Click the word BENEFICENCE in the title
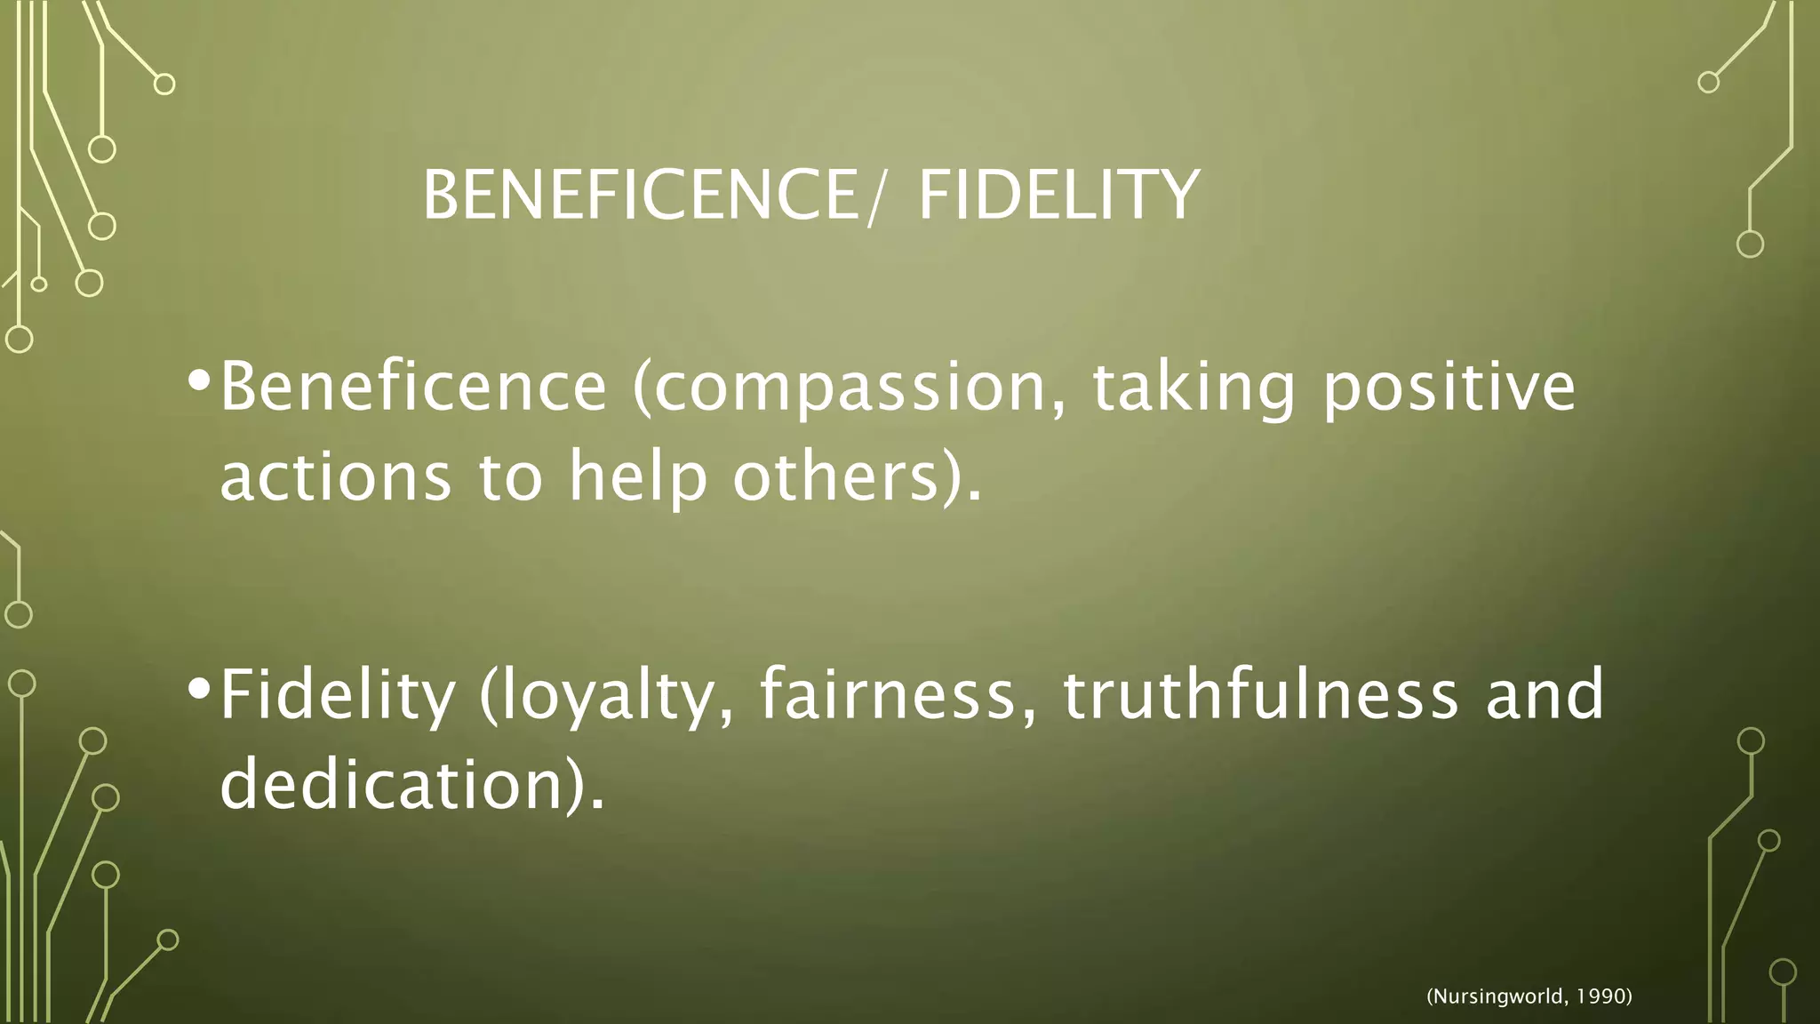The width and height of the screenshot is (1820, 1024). [x=640, y=196]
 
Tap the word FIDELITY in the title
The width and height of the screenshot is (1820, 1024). [x=1058, y=196]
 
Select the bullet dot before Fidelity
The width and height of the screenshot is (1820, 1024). [x=199, y=688]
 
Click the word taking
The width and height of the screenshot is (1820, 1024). [x=1193, y=388]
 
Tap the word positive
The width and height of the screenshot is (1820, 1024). [x=1449, y=388]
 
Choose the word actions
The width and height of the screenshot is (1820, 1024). [x=336, y=476]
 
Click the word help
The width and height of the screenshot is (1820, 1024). [x=637, y=476]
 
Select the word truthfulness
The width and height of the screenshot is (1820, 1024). [x=1261, y=695]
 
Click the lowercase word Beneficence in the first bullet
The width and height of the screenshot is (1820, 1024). [x=413, y=388]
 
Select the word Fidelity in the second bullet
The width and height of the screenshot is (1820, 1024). [x=338, y=695]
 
